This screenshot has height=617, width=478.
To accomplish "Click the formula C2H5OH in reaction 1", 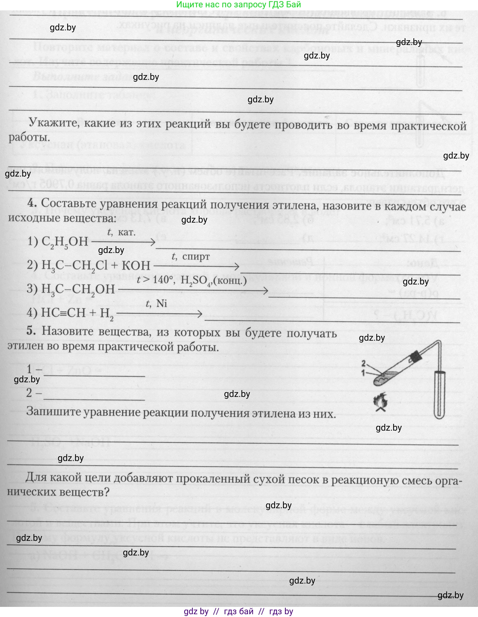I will [x=64, y=242].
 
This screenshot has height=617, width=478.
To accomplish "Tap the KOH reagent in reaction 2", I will [x=136, y=266].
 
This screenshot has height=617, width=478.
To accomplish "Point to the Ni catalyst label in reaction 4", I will [x=162, y=303].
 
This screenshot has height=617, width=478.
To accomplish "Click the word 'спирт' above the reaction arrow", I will [x=196, y=257].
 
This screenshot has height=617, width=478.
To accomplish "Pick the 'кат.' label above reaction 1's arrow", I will [x=127, y=232].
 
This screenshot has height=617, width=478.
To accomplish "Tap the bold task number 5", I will [x=31, y=331].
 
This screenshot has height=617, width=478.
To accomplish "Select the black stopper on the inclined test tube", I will [x=415, y=357].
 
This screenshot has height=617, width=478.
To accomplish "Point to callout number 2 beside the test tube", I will [x=364, y=363].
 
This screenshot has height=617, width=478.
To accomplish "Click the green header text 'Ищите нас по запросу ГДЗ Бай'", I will [x=239, y=4].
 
